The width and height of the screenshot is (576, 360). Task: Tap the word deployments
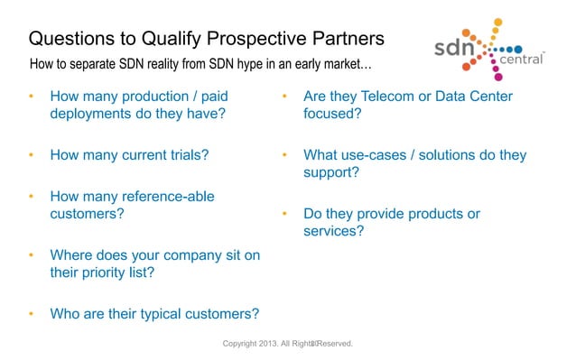(x=95, y=115)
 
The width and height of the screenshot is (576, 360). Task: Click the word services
(x=334, y=232)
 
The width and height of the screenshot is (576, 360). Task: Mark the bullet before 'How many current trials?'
(x=31, y=154)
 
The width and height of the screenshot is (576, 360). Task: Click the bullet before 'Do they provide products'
(x=284, y=214)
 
